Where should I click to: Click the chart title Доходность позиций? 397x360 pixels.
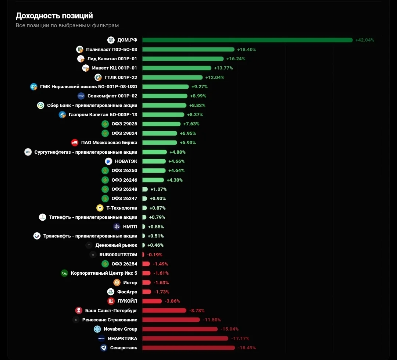point(54,16)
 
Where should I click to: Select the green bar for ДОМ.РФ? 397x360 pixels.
point(247,40)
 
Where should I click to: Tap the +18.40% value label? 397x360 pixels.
point(246,49)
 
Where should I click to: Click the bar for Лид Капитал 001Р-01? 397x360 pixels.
point(183,59)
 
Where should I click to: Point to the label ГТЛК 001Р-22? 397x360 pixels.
point(121,77)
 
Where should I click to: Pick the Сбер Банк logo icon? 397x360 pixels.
point(40,105)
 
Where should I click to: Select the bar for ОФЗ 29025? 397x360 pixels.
point(161,124)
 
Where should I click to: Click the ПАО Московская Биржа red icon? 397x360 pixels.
point(75,143)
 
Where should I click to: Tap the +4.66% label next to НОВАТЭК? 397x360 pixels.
point(176,161)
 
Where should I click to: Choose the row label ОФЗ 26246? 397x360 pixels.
point(124,180)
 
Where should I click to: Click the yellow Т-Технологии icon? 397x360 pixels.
point(100,208)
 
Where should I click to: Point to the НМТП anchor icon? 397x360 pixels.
point(117,227)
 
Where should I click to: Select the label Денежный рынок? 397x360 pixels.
point(116,245)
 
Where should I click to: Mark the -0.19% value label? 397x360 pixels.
point(154,254)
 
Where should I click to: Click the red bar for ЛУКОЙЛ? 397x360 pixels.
point(152,301)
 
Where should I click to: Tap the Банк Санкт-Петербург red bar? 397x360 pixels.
point(164,310)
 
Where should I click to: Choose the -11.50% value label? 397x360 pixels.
point(212,320)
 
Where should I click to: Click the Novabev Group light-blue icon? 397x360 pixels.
point(97,329)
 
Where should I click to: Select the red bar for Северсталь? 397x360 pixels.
point(189,347)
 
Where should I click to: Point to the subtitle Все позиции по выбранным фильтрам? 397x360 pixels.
point(67,25)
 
